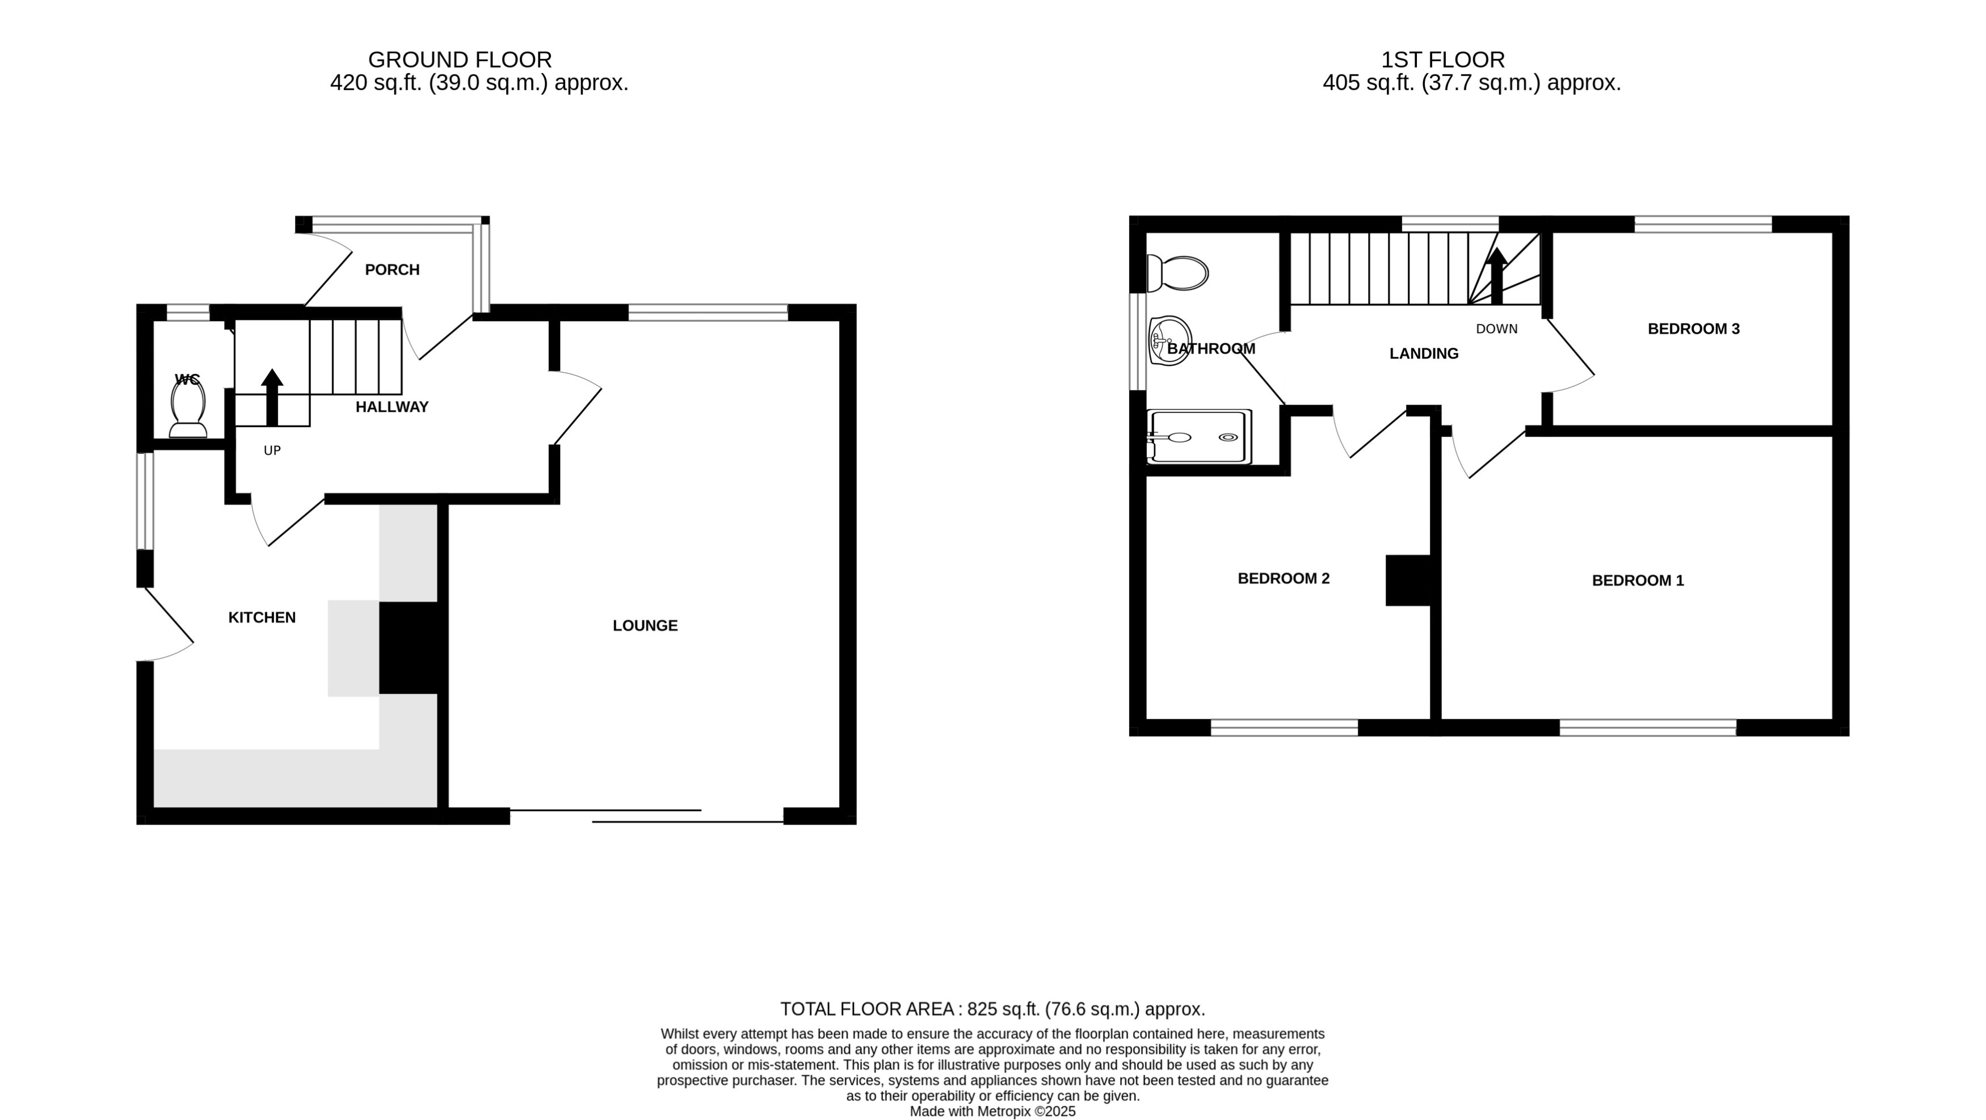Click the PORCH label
[x=392, y=270]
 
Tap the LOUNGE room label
[x=645, y=626]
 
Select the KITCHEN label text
[x=262, y=617]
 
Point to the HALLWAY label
[x=392, y=407]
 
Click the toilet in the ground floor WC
[x=187, y=409]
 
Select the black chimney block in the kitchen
[x=409, y=647]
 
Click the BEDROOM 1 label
[x=1638, y=580]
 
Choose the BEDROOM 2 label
[x=1283, y=578]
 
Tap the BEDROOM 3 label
[x=1693, y=329]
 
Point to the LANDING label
[x=1423, y=354]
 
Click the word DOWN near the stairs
[x=1496, y=329]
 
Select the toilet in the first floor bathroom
[x=1177, y=273]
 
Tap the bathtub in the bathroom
[x=1198, y=437]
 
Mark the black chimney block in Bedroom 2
[x=1408, y=580]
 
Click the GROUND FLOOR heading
[x=460, y=60]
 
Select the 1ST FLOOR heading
[x=1442, y=60]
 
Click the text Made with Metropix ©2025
[x=992, y=1111]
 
